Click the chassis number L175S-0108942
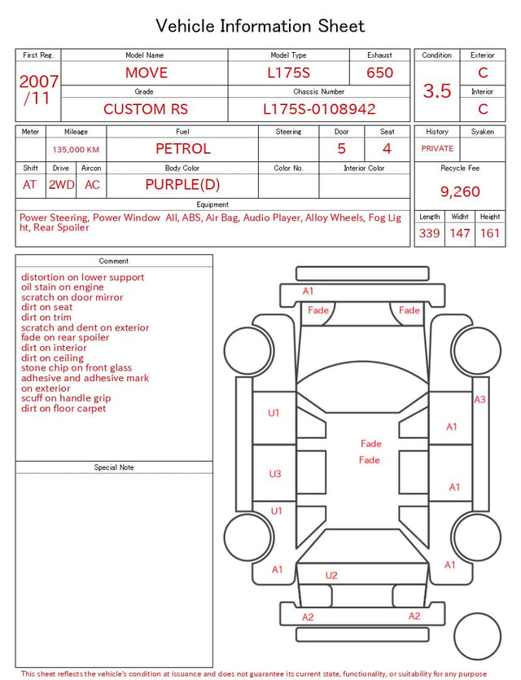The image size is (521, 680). pos(319,109)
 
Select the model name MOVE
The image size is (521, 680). pos(147,72)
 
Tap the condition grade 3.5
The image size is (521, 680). pos(437,91)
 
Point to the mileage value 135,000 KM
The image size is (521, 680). pos(76,150)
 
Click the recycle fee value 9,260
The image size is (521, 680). pos(460,191)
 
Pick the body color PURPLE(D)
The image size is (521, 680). pos(182,185)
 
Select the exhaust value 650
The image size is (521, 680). pos(379,72)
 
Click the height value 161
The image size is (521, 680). pos(490,233)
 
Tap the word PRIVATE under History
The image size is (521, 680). pos(437,148)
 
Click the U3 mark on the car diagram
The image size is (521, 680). pos(275,474)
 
